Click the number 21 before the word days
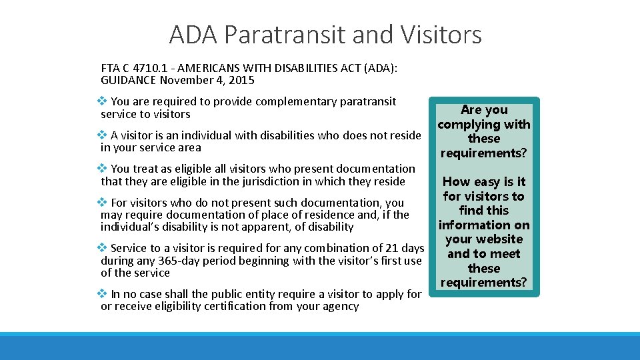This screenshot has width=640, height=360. click(x=387, y=248)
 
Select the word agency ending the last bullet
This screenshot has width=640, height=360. click(x=341, y=306)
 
